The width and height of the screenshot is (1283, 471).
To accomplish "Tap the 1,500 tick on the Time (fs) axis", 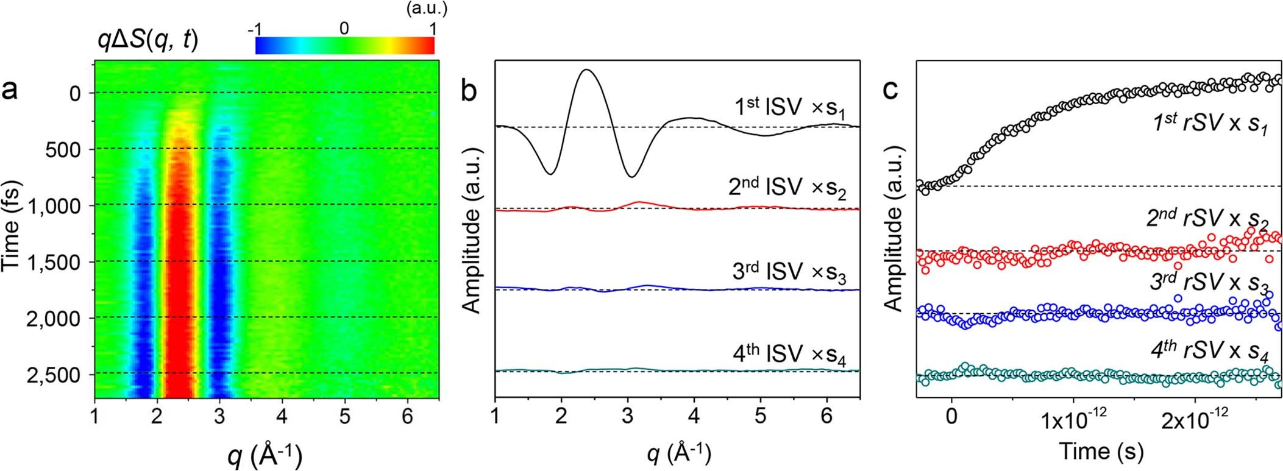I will (64, 262).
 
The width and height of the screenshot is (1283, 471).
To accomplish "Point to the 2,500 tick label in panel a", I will (64, 374).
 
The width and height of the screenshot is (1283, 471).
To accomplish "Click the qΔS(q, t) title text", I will (148, 41).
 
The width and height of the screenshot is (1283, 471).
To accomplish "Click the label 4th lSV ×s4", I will (791, 354).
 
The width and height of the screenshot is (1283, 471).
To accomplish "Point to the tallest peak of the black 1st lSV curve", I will (586, 70).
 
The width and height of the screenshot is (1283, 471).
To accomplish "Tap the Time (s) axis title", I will (1101, 452).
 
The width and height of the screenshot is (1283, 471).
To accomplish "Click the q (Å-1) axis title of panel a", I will (266, 455).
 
